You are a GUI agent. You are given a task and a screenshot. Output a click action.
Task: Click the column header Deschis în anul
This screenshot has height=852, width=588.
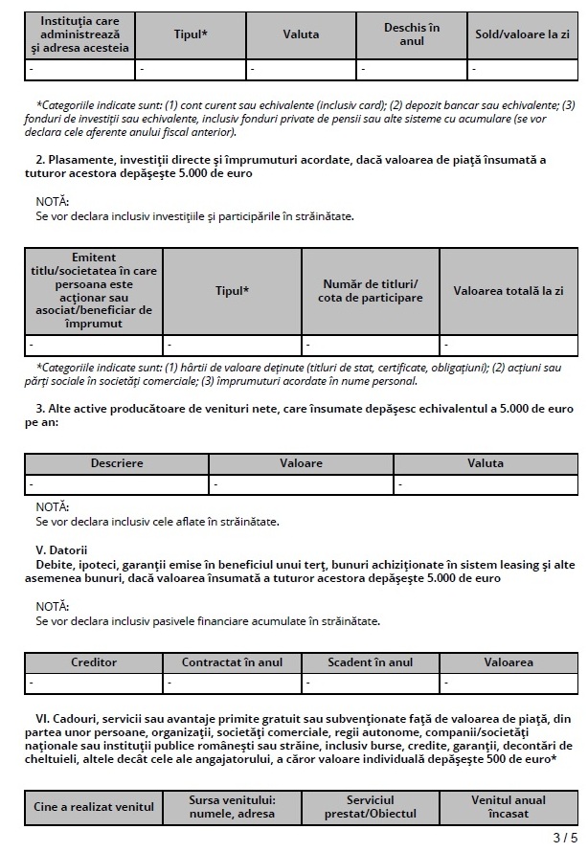(412, 34)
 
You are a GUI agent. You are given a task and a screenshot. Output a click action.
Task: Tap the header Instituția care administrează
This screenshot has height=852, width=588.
(79, 34)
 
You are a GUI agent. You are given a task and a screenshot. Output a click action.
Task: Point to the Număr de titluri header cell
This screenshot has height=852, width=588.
(371, 291)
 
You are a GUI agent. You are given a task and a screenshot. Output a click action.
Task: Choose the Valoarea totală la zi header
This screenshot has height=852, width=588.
(508, 291)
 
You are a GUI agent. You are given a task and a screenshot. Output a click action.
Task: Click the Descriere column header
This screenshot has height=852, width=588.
(117, 463)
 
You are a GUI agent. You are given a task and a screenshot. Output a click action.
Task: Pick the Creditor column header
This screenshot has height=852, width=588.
(94, 662)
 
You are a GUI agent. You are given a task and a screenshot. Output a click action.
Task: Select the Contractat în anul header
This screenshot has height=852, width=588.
(233, 662)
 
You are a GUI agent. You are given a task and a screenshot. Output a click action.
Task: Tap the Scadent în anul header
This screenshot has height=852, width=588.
(371, 662)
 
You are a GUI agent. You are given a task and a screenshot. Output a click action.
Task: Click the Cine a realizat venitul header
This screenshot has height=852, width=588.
(94, 807)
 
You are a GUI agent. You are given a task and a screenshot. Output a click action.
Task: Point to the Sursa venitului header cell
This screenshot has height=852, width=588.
(233, 807)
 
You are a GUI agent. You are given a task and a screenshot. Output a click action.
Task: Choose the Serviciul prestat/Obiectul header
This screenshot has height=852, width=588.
(371, 807)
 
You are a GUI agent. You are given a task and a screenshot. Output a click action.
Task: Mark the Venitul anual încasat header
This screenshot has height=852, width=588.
(508, 807)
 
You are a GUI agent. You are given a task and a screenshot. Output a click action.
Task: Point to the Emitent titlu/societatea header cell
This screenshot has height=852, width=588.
(94, 291)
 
